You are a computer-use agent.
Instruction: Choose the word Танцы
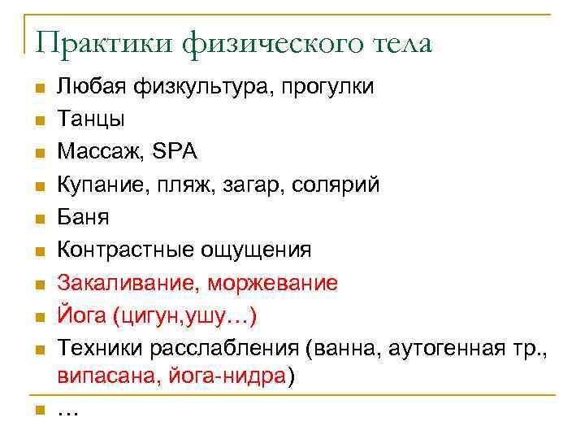coord(90,120)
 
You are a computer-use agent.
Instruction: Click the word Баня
coord(83,217)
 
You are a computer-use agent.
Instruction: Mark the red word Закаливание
coord(126,282)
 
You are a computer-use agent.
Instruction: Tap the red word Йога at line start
coord(80,315)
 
